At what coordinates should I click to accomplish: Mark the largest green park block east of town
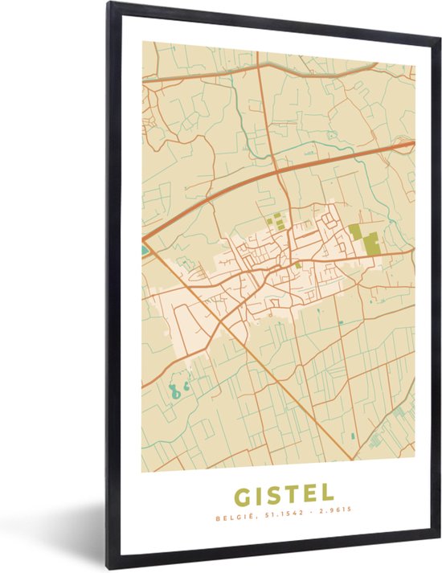point(370,243)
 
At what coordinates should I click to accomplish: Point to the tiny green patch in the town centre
point(298,265)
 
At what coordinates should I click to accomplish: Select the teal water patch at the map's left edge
point(145,251)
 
